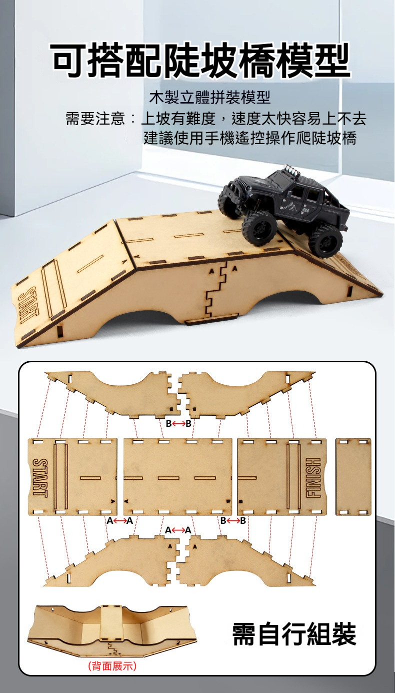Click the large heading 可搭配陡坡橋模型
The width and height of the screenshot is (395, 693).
click(x=201, y=60)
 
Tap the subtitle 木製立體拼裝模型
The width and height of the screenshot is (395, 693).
click(x=210, y=98)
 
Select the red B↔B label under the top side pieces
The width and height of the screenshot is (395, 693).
click(x=178, y=423)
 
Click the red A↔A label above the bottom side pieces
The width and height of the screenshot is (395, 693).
click(x=178, y=530)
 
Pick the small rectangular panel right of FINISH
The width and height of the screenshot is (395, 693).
click(x=353, y=477)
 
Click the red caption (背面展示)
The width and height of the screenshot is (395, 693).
click(x=112, y=666)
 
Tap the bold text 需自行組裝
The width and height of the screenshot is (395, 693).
click(x=294, y=634)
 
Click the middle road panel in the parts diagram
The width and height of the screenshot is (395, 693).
click(x=177, y=477)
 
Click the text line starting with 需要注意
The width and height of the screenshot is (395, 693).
click(x=216, y=119)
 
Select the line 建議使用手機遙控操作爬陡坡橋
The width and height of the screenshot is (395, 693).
click(x=250, y=138)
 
